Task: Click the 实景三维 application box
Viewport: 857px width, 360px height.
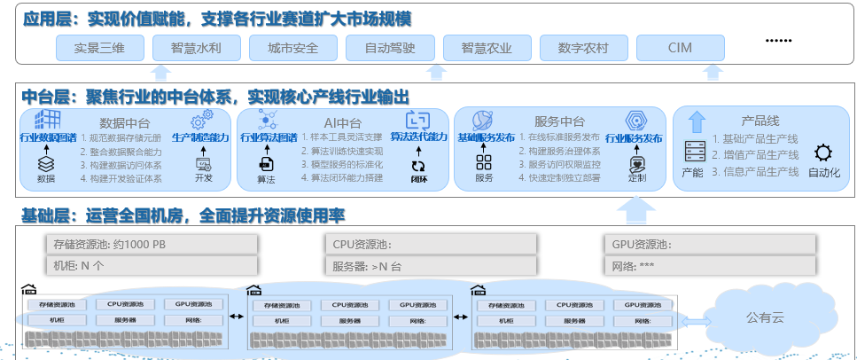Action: point(98,48)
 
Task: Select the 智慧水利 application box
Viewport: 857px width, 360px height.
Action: point(195,48)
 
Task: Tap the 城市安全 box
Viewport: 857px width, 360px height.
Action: point(292,48)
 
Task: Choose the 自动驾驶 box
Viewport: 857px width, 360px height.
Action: point(390,48)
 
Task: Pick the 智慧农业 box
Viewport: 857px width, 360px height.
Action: point(487,48)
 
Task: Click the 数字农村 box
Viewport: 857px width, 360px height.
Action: point(583,48)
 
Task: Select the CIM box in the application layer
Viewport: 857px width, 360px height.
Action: point(680,48)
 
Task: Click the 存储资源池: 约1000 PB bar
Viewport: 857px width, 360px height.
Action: point(152,244)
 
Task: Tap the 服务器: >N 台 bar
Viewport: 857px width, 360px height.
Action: point(431,265)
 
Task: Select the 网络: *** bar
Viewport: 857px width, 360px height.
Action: point(710,265)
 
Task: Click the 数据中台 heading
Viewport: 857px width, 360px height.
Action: point(124,122)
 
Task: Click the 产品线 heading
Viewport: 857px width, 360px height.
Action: point(760,121)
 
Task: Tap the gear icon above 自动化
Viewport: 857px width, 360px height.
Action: point(823,153)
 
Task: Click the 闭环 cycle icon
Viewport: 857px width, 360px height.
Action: point(417,165)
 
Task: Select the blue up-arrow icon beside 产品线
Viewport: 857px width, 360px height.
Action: point(697,121)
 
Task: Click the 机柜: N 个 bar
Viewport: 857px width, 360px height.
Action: point(152,265)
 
